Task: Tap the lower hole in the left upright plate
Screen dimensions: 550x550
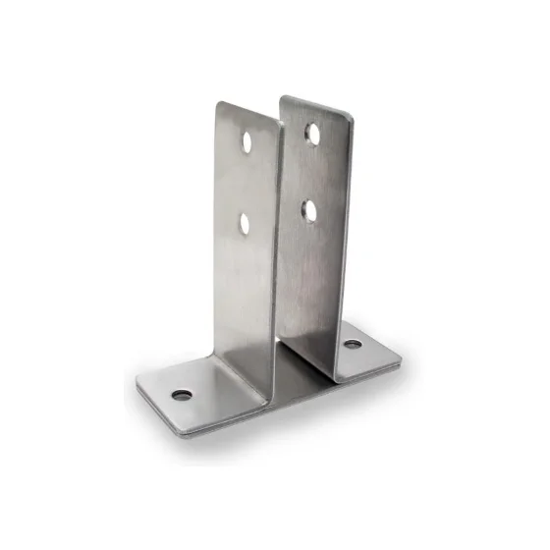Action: tap(246, 224)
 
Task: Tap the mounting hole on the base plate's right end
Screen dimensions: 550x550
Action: tap(351, 345)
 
